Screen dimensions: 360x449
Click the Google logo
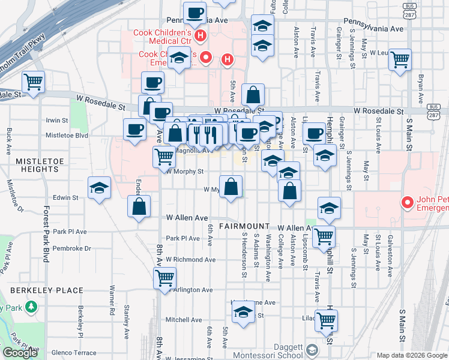(20, 353)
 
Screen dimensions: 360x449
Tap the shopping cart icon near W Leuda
(399, 60)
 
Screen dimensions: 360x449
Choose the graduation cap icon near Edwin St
(99, 188)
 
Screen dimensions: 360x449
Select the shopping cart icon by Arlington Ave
(164, 278)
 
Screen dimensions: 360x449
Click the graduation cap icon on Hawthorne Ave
(243, 313)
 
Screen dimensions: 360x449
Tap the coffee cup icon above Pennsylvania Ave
(194, 13)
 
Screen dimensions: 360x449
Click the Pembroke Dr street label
(71, 248)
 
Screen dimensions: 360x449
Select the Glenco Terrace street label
(74, 353)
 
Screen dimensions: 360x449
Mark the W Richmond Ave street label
(191, 260)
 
